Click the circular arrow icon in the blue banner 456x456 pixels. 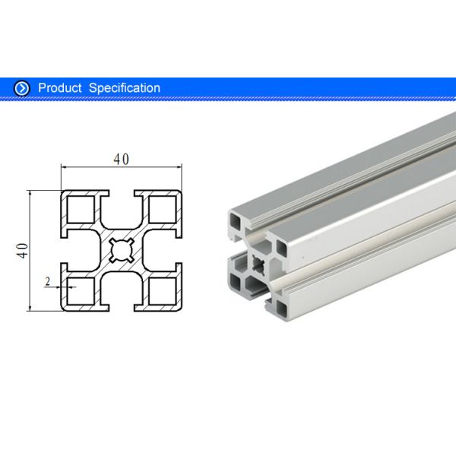pos(23,88)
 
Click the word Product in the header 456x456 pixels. pos(60,88)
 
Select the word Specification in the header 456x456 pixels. pos(125,88)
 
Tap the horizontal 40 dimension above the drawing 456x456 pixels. pos(121,160)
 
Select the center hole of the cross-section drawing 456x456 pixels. pos(122,250)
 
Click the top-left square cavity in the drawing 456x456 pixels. pos(81,208)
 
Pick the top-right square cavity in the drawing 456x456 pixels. pos(162,208)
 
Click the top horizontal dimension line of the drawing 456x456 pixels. pos(91,167)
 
